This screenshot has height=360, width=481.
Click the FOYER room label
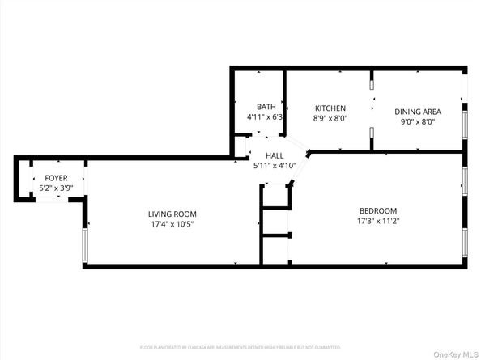point(56,178)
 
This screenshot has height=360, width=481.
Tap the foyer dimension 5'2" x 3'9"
point(56,188)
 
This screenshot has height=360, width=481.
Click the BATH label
point(266,107)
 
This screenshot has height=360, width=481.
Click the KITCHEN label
point(330,108)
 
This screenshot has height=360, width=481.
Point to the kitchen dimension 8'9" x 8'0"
point(330,118)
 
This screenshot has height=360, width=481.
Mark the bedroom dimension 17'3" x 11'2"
point(379,221)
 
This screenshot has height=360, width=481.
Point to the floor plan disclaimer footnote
point(240,347)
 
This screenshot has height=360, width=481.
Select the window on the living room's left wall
point(84,246)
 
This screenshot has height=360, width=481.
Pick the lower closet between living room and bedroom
point(275,249)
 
